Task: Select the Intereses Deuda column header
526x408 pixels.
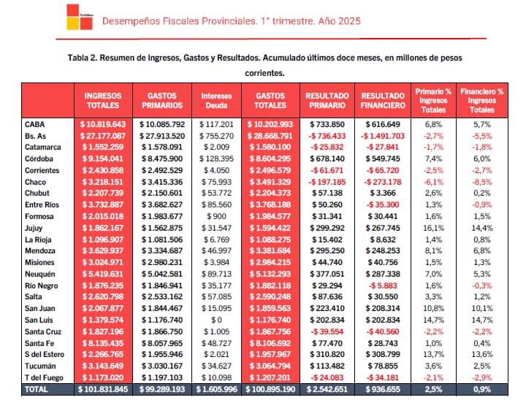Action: pyautogui.click(x=216, y=100)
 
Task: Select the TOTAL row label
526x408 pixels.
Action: pyautogui.click(x=37, y=390)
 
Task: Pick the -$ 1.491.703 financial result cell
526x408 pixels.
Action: pyautogui.click(x=381, y=136)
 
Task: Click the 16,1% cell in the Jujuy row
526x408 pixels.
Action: pyautogui.click(x=433, y=228)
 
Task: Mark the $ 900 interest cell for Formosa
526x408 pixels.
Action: pyautogui.click(x=217, y=216)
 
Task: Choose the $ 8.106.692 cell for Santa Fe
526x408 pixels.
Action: pyautogui.click(x=272, y=343)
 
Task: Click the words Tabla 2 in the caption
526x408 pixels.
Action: pyautogui.click(x=85, y=58)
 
